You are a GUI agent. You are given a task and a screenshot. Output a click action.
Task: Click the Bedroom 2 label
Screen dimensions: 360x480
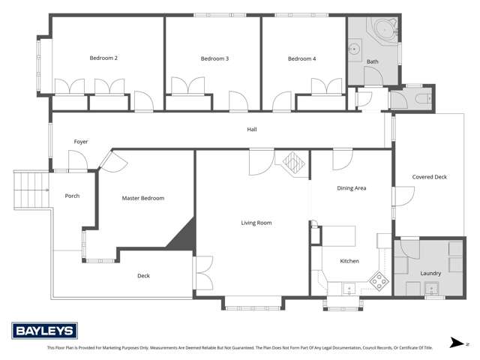[x=103, y=58]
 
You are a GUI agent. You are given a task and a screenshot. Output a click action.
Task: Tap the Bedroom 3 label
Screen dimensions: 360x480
[x=214, y=58]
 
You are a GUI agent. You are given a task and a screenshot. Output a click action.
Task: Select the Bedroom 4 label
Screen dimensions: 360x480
[x=301, y=58]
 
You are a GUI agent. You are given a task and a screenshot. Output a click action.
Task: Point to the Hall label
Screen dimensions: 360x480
[x=253, y=129]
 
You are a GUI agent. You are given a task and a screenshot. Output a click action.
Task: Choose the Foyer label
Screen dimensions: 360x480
[x=80, y=141]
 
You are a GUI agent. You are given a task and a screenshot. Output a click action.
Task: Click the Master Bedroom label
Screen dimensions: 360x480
[x=142, y=198]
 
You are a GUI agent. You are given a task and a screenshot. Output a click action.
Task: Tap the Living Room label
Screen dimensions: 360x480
[x=256, y=223]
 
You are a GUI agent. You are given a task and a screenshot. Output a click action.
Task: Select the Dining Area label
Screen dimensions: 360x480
[x=350, y=187]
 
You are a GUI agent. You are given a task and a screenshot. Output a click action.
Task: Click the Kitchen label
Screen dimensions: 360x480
[x=349, y=261]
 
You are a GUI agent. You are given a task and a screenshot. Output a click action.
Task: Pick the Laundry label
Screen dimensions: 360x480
[x=430, y=273]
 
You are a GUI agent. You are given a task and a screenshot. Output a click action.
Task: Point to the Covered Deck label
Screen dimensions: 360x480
[x=429, y=177]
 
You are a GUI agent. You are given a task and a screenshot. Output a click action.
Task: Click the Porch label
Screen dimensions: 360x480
[x=72, y=196]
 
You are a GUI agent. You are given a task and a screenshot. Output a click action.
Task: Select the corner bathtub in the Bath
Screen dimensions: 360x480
[x=385, y=29]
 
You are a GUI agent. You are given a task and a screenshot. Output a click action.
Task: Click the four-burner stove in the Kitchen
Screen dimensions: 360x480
[x=379, y=282]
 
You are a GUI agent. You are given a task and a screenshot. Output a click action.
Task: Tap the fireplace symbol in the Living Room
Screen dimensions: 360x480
[x=292, y=160]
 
